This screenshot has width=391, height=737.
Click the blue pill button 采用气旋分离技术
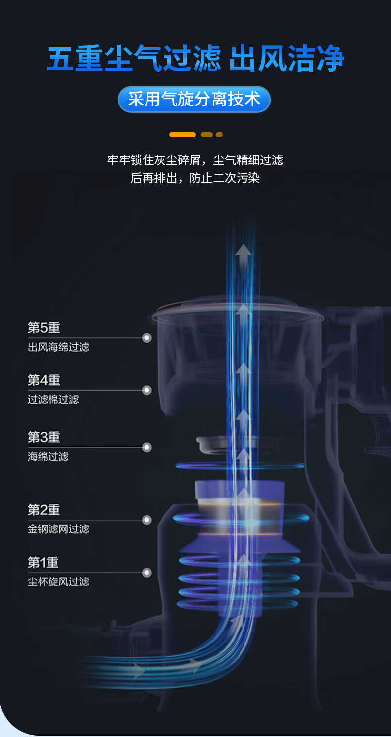coord(194,99)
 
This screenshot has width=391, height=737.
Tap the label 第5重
coord(44,328)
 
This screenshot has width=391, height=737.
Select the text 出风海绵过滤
coord(58,347)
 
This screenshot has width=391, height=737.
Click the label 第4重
coord(44,380)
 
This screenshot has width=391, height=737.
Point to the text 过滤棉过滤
coord(53,400)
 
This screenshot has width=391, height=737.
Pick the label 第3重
coord(44,437)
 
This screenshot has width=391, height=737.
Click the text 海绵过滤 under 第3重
coord(48,457)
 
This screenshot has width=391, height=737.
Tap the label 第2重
coord(44,510)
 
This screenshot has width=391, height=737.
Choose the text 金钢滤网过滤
coord(58,529)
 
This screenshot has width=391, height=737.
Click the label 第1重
coord(43,562)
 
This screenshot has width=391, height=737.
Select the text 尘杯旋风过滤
coord(58,581)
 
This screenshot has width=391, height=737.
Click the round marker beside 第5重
coord(147,338)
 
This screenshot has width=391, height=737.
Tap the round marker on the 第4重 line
coord(147,391)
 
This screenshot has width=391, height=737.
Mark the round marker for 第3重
coord(147,447)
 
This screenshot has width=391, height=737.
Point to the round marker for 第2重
coord(147,520)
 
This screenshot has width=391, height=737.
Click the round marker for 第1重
coord(147,573)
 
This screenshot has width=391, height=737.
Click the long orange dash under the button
coord(183,135)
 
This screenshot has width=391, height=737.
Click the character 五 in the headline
coord(60,58)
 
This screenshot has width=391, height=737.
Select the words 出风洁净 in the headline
coord(287,58)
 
